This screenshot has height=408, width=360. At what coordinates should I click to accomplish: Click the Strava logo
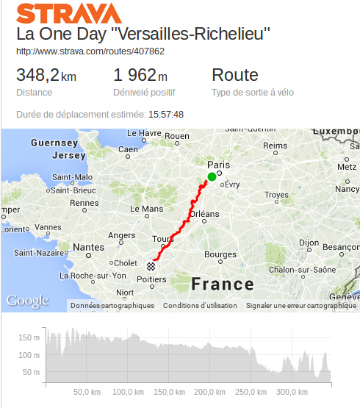point(69,13)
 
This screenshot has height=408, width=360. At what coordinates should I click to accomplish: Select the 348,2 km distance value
point(46,75)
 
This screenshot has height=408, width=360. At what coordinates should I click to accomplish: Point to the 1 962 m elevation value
point(140,75)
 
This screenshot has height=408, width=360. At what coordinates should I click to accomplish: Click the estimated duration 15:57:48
point(166,114)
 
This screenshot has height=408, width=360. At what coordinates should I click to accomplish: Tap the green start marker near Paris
point(212,176)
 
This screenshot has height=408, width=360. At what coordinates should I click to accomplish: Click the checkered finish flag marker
point(151,266)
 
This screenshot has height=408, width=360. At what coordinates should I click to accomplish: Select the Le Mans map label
point(147,209)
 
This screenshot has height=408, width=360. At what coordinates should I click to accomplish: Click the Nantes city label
point(90,247)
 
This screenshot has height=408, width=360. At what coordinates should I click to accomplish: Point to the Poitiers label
point(151,279)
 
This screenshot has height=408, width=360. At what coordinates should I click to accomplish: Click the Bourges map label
point(220,255)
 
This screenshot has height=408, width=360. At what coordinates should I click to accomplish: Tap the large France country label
point(222,284)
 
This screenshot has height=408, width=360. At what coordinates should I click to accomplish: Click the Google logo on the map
point(27,300)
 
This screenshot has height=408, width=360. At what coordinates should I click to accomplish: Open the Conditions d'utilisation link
point(200,305)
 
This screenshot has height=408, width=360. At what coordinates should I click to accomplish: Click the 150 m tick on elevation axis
point(29,337)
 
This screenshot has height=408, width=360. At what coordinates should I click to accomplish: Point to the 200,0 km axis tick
point(209,392)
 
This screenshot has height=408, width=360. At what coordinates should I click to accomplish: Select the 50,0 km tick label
point(87,392)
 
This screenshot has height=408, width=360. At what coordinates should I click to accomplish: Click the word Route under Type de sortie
point(235,75)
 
